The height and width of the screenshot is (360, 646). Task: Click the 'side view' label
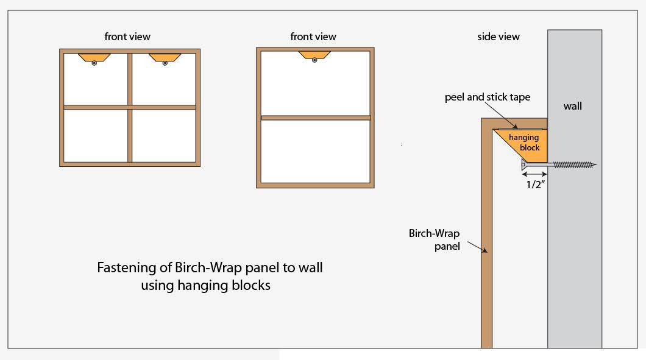coord(499,37)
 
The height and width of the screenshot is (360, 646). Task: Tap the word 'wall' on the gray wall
coord(573,106)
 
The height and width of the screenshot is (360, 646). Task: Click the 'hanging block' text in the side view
coord(524,143)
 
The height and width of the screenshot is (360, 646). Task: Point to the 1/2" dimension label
coord(534,185)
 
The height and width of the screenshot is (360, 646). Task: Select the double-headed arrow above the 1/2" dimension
coord(534,175)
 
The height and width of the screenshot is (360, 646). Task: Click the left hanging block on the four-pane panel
coord(94,57)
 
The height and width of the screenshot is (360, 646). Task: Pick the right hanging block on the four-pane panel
coord(165,57)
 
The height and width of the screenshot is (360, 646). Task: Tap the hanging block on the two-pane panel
coord(314,55)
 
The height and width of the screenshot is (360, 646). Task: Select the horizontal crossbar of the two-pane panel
coord(316,118)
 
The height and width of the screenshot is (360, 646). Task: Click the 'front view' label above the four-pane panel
coord(127,37)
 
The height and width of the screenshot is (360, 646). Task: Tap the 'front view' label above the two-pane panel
coord(313,37)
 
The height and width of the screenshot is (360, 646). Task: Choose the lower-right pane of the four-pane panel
coord(163,135)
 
